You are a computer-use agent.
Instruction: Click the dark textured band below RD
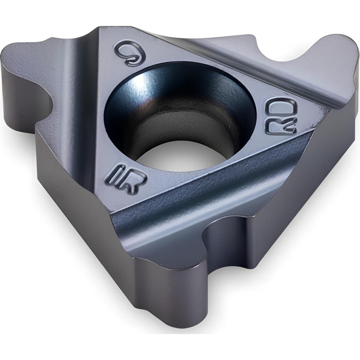[x=230, y=180]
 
